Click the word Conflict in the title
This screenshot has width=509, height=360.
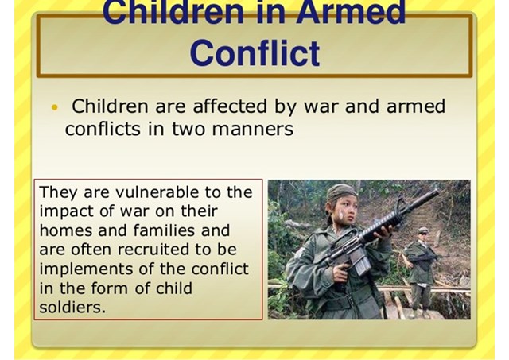click(x=254, y=52)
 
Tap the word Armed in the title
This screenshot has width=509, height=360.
click(x=351, y=13)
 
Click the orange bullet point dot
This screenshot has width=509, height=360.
click(x=55, y=107)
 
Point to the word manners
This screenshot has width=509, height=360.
click(x=253, y=129)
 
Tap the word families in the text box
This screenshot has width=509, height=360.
click(x=164, y=230)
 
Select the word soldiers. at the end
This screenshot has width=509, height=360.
click(x=72, y=307)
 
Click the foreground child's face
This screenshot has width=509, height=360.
click(x=346, y=209)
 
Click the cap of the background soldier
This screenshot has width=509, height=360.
click(x=423, y=230)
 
